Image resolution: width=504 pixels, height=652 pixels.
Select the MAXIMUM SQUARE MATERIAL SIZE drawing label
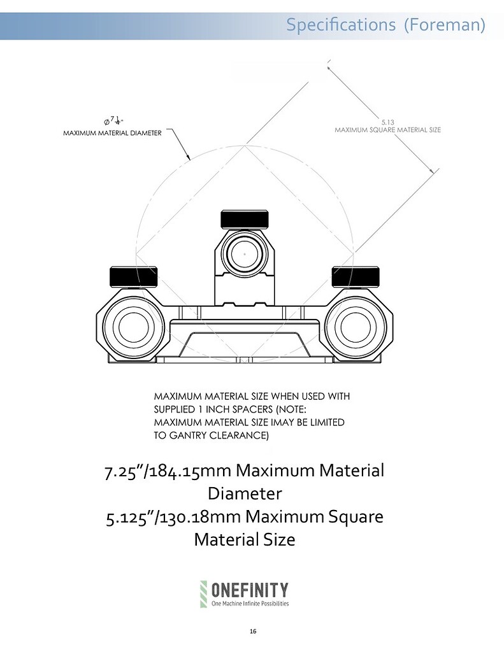click(388, 130)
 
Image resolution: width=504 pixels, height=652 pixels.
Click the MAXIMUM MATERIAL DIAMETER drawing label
click(112, 133)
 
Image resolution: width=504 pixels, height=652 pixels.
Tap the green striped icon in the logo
click(204, 593)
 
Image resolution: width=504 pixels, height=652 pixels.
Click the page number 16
click(252, 632)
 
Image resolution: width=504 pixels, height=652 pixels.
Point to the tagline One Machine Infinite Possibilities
click(250, 602)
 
